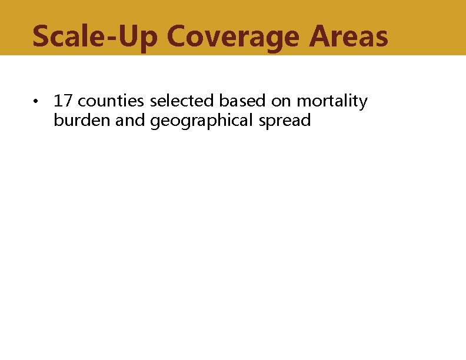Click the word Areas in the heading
point(348,36)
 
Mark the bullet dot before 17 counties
point(36,102)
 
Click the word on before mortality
point(281,102)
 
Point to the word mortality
point(332,102)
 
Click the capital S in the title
point(42,36)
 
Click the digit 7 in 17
point(66,101)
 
